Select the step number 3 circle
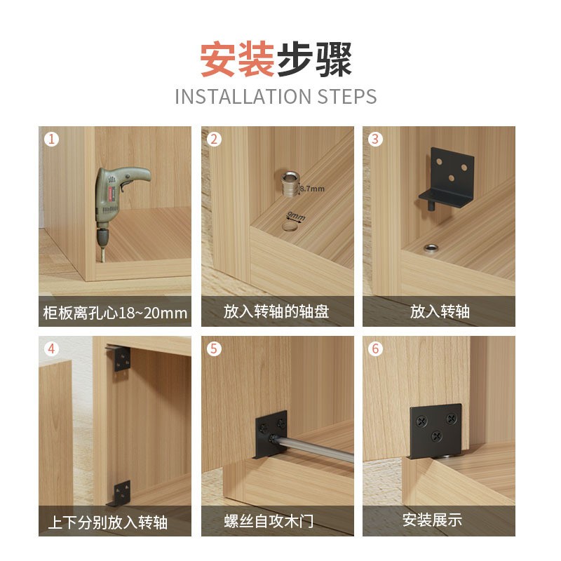(x=375, y=139)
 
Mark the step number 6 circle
(x=375, y=349)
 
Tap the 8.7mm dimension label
(x=312, y=189)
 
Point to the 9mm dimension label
(x=295, y=215)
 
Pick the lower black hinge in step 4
(x=121, y=492)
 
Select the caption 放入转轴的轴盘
(x=276, y=311)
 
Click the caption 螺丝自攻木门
(x=276, y=521)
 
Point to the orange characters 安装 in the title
(x=236, y=60)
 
